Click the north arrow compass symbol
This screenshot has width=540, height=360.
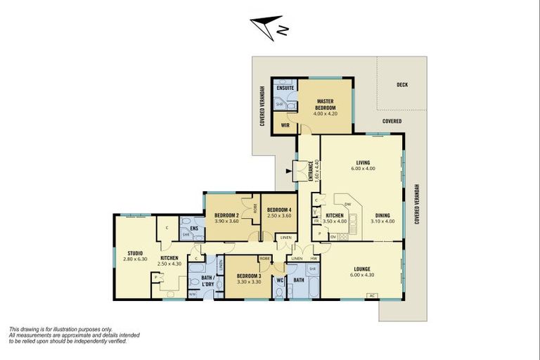click(268, 27)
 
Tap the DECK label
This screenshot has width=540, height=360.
click(402, 84)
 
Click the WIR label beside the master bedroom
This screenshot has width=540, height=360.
click(285, 126)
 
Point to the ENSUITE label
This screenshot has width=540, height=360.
click(285, 88)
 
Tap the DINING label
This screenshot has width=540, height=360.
click(382, 216)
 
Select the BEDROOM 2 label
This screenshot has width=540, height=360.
click(228, 214)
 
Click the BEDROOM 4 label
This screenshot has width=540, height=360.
click(279, 210)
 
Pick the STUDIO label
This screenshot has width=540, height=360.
click(135, 253)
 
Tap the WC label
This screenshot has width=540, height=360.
click(279, 280)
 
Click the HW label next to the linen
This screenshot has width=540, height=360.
click(314, 259)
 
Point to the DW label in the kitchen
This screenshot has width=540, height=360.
click(347, 204)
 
